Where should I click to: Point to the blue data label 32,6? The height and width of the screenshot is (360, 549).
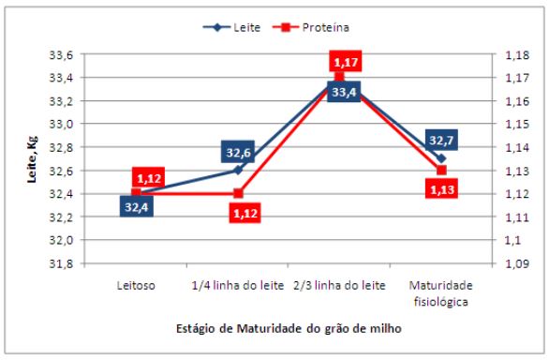point(237,151)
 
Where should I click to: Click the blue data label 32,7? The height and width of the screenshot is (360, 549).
point(440,140)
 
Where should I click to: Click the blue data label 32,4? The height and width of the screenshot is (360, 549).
point(137,206)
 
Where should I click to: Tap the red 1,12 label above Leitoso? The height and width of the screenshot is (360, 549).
point(149,177)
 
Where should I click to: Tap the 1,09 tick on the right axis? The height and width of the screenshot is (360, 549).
point(508,263)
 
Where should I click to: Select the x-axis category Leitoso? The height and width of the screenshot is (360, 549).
point(136,284)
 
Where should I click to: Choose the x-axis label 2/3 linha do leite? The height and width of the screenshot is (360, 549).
point(339,284)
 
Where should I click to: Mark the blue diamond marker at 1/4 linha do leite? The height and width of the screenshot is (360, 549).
point(238,170)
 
